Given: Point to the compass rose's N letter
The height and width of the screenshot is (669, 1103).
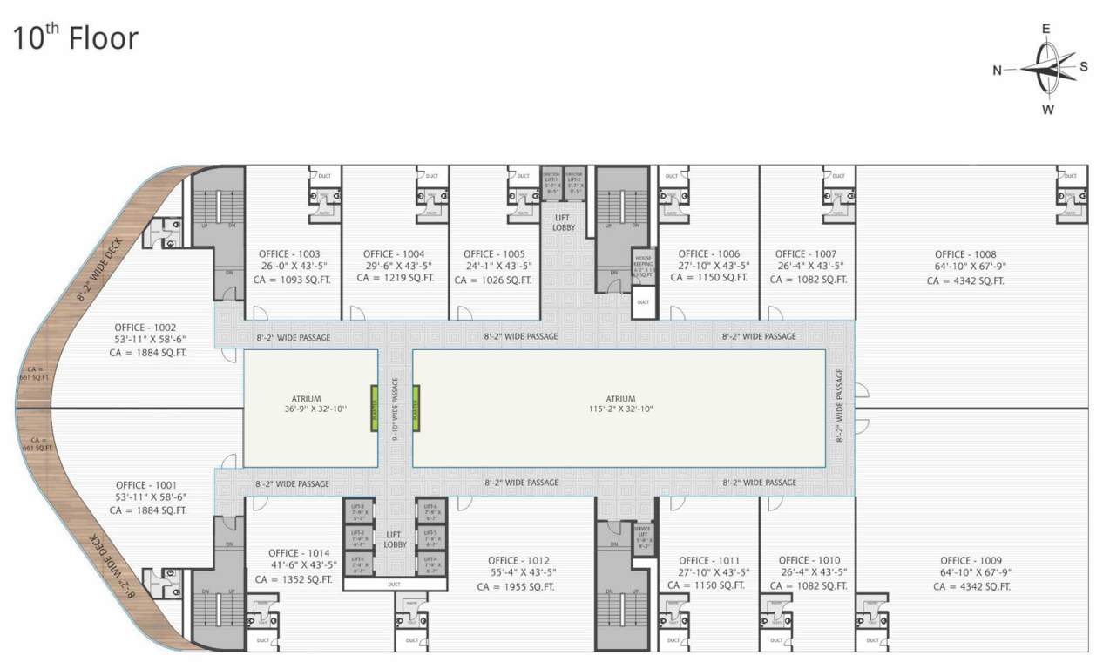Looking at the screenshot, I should point(998,71).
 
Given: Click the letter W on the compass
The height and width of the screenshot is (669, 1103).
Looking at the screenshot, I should point(1048,110).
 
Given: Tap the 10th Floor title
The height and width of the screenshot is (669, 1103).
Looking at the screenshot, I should point(75,37).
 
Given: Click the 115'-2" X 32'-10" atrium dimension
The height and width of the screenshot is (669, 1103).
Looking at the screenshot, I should point(620,409).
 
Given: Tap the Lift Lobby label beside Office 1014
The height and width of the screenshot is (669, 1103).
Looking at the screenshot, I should point(394,539).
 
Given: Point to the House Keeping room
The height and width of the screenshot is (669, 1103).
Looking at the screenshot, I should point(643,266).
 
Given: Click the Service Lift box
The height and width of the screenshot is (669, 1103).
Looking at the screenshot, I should point(642,538).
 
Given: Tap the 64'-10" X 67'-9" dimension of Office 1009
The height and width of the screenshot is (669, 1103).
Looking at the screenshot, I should point(971,573).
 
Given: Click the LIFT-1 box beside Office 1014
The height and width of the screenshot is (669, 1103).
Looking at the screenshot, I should point(357,564).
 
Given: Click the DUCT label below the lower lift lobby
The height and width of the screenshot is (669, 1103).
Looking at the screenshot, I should point(394,585).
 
